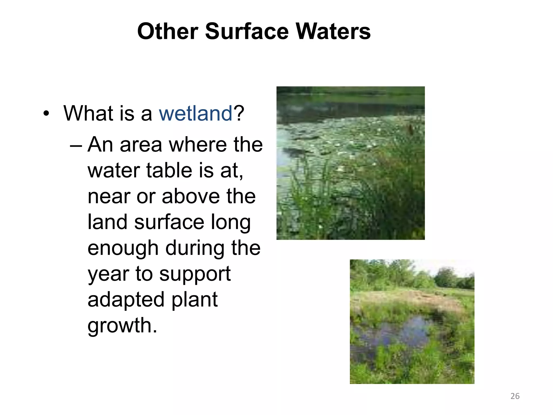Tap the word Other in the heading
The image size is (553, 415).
pos(168,31)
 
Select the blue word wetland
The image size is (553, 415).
pos(195,113)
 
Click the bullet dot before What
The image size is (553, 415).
pos(46,113)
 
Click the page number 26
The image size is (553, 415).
pos(515,396)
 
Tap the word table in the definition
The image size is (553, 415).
pos(169,171)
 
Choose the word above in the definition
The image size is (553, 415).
pos(191,196)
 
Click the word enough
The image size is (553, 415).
pos(123,249)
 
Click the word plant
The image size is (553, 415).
pos(194,300)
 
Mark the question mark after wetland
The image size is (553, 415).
pos(239,113)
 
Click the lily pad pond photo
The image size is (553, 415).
pos(350,163)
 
